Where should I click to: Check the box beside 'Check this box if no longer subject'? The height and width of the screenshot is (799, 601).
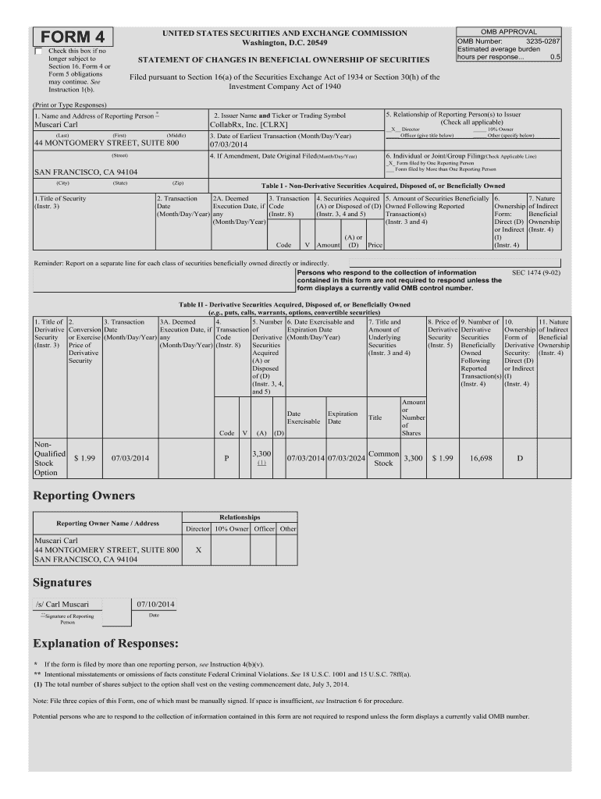(x=38, y=51)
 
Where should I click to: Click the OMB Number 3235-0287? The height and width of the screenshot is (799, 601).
(x=508, y=40)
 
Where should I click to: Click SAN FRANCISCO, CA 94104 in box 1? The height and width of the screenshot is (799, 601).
(x=86, y=172)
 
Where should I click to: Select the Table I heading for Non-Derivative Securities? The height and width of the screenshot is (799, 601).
(x=382, y=186)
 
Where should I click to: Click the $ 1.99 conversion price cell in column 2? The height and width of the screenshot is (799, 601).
(x=84, y=458)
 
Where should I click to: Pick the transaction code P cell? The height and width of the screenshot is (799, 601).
(x=226, y=458)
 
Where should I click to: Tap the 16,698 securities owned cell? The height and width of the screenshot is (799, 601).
(x=480, y=458)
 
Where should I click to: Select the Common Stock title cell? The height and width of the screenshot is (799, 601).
(x=382, y=458)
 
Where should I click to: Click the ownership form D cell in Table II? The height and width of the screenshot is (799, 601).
(x=520, y=458)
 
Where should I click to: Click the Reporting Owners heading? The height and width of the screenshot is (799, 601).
(x=84, y=496)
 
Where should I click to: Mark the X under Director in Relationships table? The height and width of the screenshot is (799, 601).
(x=198, y=549)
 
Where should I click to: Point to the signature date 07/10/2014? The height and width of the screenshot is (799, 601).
(x=155, y=604)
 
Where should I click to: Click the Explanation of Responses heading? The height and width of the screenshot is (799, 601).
(x=105, y=644)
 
